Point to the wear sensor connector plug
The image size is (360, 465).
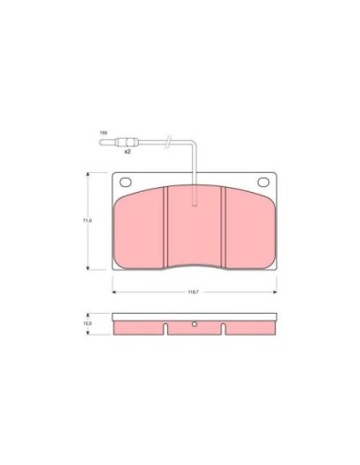(x=125, y=144)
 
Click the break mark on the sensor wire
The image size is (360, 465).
(x=167, y=144)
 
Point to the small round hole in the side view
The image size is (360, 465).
(x=195, y=326)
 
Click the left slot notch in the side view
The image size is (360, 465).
(x=166, y=330)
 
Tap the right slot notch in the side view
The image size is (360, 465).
(x=223, y=330)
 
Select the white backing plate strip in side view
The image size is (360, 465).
(x=195, y=317)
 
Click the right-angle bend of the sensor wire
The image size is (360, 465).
(x=194, y=145)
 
